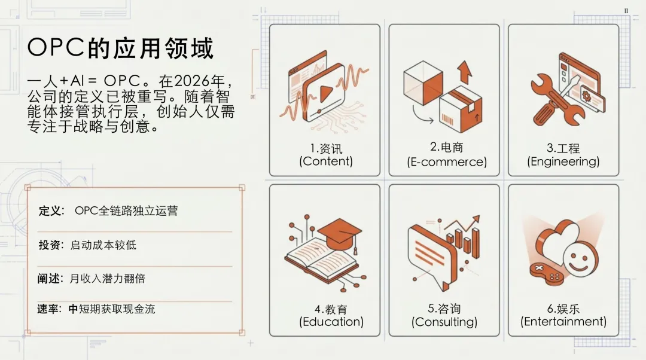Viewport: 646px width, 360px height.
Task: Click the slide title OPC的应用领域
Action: click(x=120, y=48)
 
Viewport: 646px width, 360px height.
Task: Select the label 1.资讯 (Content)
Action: click(x=326, y=155)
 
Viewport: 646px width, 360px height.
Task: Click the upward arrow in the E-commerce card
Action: click(x=464, y=72)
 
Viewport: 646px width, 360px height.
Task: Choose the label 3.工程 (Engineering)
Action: click(x=563, y=155)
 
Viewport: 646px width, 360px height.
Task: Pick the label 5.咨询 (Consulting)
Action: click(x=444, y=316)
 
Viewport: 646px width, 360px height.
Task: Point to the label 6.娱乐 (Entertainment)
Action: click(x=563, y=316)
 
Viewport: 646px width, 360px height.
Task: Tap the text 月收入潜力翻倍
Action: click(x=108, y=279)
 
